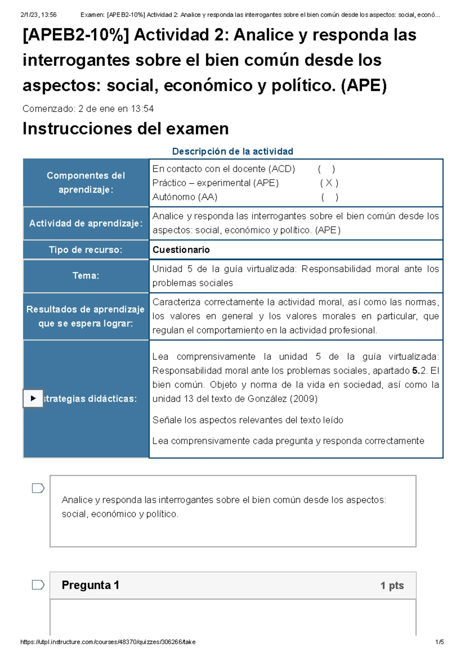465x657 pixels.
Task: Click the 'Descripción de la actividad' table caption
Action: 232,151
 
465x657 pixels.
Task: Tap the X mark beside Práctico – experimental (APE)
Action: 329,183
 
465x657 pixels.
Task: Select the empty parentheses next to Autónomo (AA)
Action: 329,197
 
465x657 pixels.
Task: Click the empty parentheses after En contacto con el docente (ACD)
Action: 326,169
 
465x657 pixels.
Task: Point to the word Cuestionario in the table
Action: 181,250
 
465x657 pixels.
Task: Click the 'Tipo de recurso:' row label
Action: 86,250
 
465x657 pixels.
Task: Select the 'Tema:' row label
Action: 86,276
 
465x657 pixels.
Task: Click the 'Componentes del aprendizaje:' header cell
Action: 86,183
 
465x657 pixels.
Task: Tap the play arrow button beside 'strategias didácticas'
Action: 33,398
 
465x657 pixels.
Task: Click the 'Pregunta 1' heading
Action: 90,585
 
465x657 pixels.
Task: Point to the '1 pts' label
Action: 392,586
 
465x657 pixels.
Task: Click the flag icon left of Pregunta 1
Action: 38,585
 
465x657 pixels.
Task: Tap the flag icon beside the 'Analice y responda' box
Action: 38,488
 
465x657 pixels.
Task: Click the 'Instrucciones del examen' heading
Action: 126,129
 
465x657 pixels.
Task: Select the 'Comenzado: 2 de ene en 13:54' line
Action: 88,109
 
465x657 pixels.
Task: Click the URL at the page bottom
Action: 108,642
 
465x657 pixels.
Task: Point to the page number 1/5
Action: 439,642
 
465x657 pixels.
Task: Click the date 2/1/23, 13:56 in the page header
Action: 38,15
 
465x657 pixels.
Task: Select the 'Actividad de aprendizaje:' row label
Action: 86,224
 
